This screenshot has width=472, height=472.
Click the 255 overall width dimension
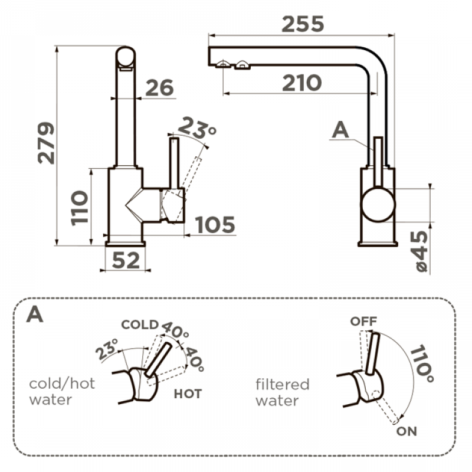pyautogui.click(x=303, y=24)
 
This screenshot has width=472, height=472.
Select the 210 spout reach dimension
pyautogui.click(x=301, y=83)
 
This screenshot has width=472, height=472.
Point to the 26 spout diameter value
pyautogui.click(x=160, y=88)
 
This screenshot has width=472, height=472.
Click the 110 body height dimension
pyautogui.click(x=79, y=207)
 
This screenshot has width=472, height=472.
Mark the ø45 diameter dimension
pyautogui.click(x=419, y=251)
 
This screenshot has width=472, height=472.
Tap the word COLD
pyautogui.click(x=139, y=324)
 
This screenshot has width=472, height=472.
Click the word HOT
pyautogui.click(x=188, y=394)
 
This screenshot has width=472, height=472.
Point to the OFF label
pyautogui.click(x=363, y=322)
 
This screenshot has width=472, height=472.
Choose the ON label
pyautogui.click(x=407, y=431)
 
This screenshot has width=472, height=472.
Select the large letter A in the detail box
pyautogui.click(x=35, y=314)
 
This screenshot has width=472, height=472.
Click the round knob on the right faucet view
pyautogui.click(x=378, y=204)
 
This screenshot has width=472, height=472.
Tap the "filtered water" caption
pyautogui.click(x=282, y=392)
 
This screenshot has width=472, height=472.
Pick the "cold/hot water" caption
pyautogui.click(x=62, y=391)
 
